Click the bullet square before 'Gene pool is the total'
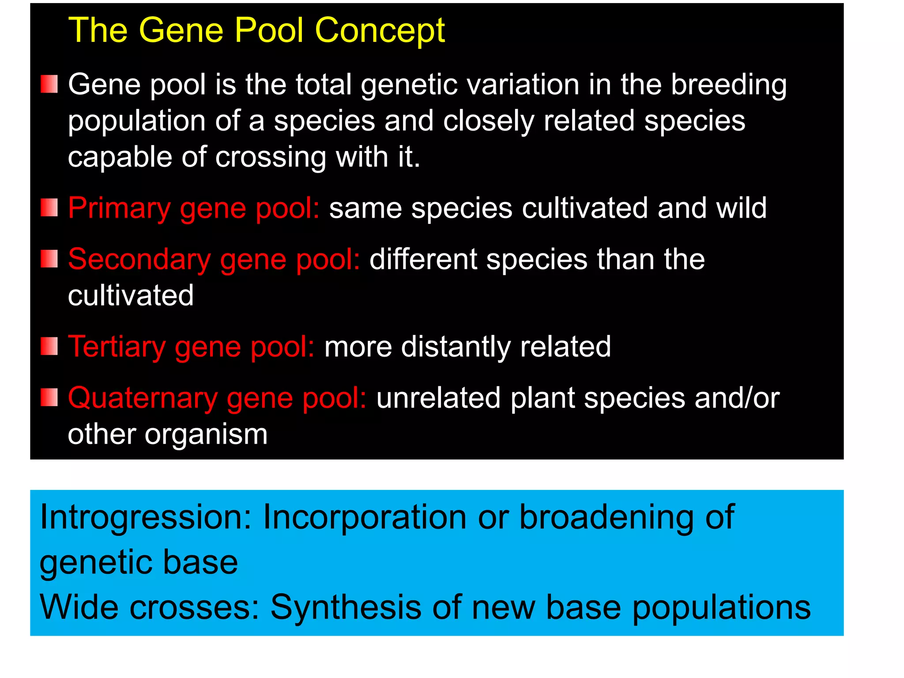click(x=49, y=84)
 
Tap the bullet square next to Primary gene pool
click(x=49, y=207)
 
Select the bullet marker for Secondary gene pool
click(x=49, y=259)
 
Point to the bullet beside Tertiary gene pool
click(x=49, y=346)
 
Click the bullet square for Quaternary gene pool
click(x=49, y=397)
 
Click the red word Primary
click(x=119, y=208)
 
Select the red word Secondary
click(x=139, y=259)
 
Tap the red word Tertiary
click(x=117, y=347)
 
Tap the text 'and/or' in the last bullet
click(x=737, y=398)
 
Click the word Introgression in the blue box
click(x=145, y=517)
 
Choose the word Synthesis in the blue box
click(x=346, y=607)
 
